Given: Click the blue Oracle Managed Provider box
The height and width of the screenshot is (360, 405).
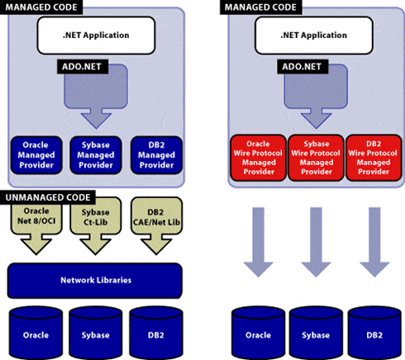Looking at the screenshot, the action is [36, 155].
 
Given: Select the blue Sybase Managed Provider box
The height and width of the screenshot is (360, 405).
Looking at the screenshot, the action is [96, 155].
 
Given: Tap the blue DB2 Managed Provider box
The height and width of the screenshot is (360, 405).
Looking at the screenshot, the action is [156, 155].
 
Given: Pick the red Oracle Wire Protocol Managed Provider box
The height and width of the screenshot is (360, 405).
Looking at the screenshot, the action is [258, 158].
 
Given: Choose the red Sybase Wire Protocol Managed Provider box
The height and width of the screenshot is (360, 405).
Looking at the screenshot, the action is [316, 158].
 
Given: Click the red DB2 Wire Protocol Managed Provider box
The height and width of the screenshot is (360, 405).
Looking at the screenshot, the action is [374, 158].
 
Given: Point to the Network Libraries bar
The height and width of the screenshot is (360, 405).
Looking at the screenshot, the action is [95, 281].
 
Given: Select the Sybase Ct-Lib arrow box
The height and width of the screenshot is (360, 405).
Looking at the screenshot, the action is [96, 226].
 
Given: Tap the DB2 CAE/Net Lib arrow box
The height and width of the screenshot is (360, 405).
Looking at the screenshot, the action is [156, 226].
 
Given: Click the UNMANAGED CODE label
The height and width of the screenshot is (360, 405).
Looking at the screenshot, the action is [48, 197].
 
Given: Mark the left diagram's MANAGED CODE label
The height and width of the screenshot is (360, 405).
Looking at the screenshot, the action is [41, 7].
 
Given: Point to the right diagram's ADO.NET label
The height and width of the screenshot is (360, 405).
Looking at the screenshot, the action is [303, 67].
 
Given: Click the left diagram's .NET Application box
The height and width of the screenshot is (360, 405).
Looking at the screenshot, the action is [96, 36].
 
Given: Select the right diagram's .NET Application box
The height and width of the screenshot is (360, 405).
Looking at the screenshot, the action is [314, 36].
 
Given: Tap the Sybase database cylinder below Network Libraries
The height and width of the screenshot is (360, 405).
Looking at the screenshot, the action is [96, 333].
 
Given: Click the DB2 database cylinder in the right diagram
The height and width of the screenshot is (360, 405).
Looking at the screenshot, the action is [374, 333].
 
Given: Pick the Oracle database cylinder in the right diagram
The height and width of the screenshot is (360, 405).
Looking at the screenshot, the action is [258, 333].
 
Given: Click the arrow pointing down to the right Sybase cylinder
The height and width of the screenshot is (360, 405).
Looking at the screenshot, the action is [316, 242].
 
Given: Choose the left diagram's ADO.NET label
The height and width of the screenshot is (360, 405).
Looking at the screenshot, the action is [82, 67].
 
